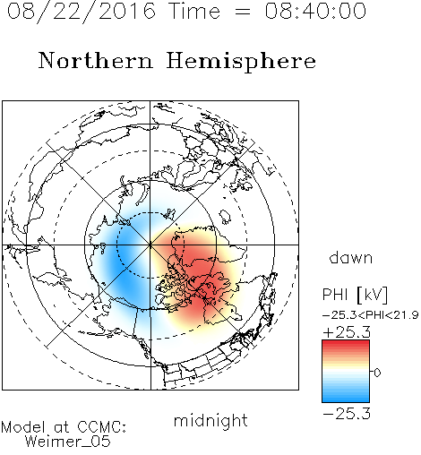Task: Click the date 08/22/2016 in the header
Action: (x=81, y=12)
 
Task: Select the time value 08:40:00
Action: (x=315, y=11)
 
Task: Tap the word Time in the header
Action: (x=194, y=11)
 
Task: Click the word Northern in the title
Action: (x=96, y=60)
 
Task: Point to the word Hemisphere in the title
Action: (x=241, y=61)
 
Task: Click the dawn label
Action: (x=351, y=257)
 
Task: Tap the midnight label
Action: (x=210, y=420)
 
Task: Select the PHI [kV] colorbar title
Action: (x=355, y=295)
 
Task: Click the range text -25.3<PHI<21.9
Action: (x=371, y=315)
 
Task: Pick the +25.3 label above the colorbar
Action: (x=347, y=332)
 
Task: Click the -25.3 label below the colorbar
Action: (x=347, y=414)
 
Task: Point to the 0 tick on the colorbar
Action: (x=377, y=373)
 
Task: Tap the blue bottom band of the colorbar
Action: (x=346, y=397)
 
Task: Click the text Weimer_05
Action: (x=67, y=441)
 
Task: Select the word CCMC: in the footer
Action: (x=101, y=427)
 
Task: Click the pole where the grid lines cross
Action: (x=150, y=245)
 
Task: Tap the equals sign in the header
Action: (x=243, y=12)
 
